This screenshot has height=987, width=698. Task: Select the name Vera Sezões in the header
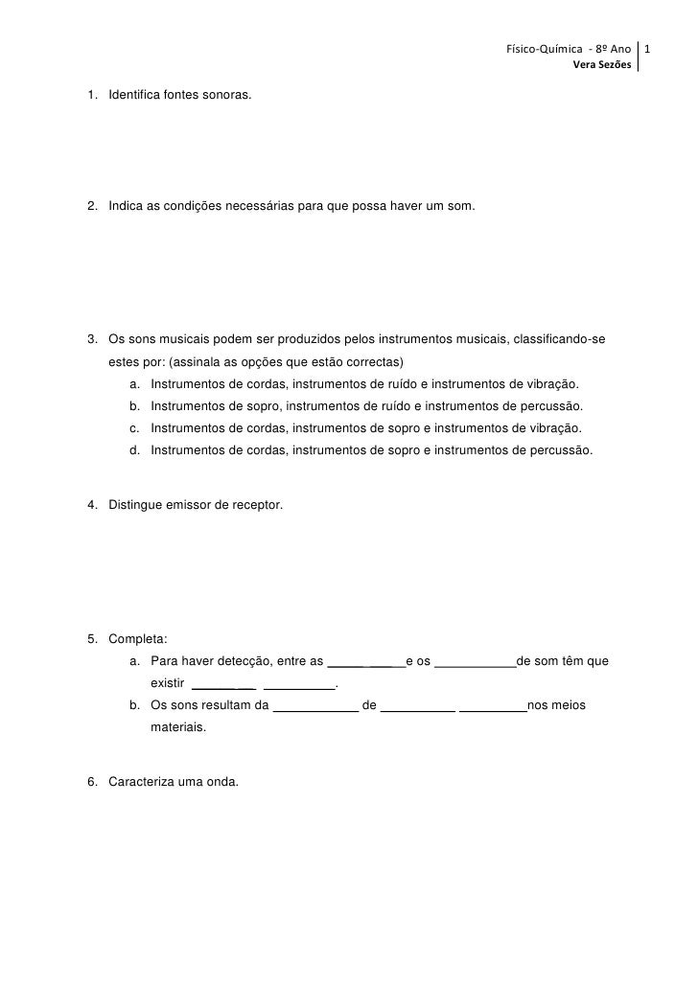(x=602, y=64)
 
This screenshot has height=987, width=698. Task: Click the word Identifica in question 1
(x=134, y=97)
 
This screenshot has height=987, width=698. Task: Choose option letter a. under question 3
(x=134, y=383)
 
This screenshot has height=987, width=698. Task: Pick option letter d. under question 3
(x=134, y=449)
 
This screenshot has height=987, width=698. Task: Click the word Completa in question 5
(x=138, y=638)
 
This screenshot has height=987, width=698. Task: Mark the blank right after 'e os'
(x=475, y=661)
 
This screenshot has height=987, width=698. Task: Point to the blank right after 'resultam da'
(x=315, y=706)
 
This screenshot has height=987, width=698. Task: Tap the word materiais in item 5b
(x=177, y=728)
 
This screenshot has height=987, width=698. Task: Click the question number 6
(x=91, y=781)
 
